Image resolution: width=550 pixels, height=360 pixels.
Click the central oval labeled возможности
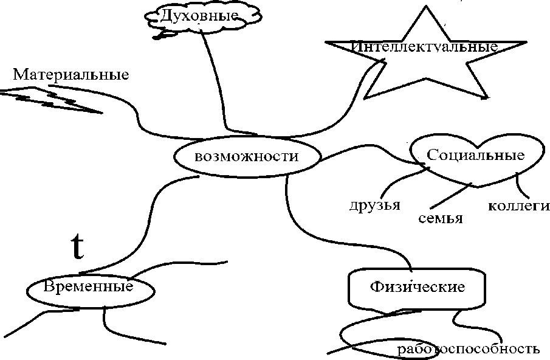click(x=247, y=157)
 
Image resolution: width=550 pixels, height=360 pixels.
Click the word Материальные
click(x=71, y=75)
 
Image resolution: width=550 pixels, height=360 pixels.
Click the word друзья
click(x=374, y=204)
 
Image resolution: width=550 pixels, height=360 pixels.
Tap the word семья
click(x=441, y=218)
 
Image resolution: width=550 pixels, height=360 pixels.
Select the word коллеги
click(x=519, y=206)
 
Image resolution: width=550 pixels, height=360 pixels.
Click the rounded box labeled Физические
click(x=417, y=287)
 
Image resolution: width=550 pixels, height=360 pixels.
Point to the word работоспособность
click(x=468, y=349)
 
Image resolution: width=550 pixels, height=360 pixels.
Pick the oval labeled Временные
click(x=89, y=286)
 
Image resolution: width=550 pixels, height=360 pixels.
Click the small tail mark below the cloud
click(x=161, y=35)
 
